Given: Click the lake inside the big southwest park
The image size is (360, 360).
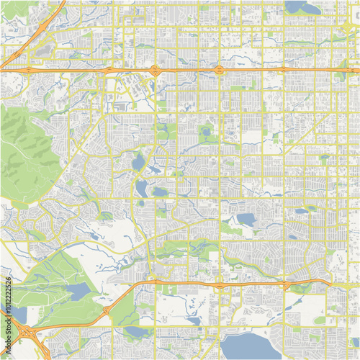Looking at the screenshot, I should (x=77, y=290).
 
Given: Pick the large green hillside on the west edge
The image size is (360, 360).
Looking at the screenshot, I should (x=25, y=155).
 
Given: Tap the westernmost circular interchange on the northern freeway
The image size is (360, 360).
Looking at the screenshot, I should (x=155, y=70).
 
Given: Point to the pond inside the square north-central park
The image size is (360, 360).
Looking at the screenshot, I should (x=207, y=132).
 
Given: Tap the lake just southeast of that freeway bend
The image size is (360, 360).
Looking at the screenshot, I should (x=137, y=332).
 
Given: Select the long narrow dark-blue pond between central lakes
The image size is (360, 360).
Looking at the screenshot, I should (x=154, y=170).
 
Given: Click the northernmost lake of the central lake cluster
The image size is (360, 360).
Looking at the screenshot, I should (x=138, y=162).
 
